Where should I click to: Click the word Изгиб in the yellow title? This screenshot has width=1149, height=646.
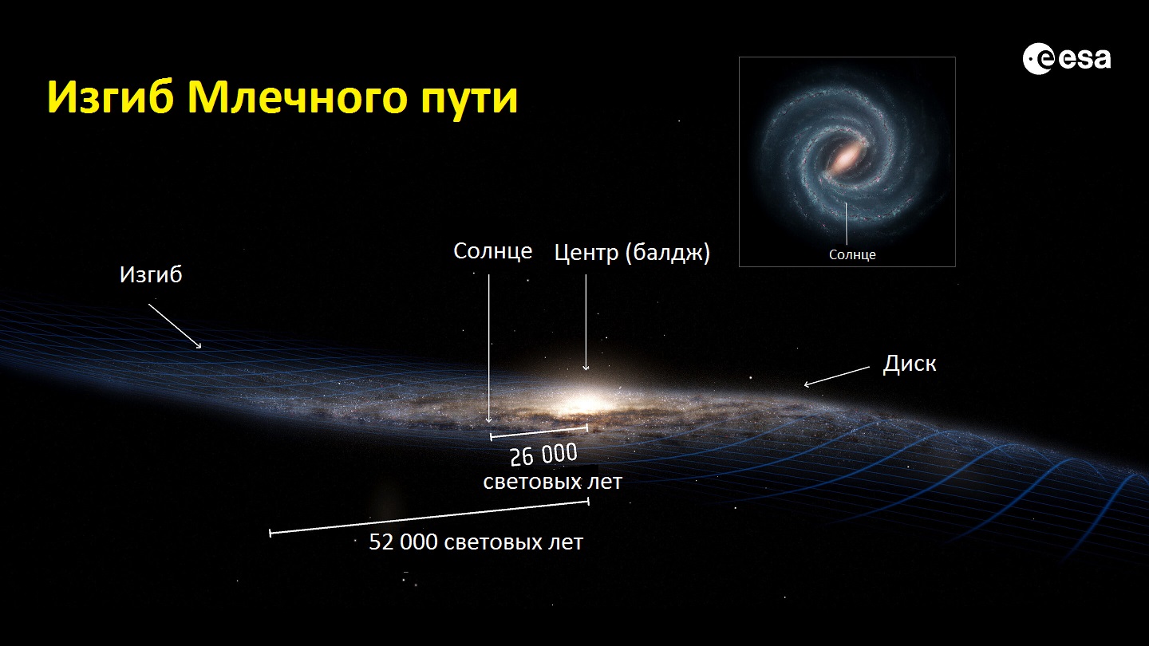pyautogui.click(x=110, y=98)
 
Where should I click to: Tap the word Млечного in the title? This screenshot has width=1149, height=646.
pyautogui.click(x=297, y=98)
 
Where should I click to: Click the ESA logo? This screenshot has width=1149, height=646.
pyautogui.click(x=1066, y=58)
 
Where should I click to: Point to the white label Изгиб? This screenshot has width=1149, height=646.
pyautogui.click(x=151, y=274)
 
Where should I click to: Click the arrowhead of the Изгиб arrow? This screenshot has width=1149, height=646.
pyautogui.click(x=199, y=346)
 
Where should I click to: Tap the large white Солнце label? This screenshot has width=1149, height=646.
pyautogui.click(x=492, y=251)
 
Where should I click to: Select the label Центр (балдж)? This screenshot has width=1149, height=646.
pyautogui.click(x=632, y=253)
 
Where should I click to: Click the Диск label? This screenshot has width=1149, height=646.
pyautogui.click(x=910, y=364)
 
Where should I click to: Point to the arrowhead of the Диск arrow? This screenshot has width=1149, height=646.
pyautogui.click(x=807, y=384)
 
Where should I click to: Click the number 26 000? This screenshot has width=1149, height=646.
pyautogui.click(x=543, y=455)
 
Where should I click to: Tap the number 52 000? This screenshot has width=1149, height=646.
pyautogui.click(x=403, y=542)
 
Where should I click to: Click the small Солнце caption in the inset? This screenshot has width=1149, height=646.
pyautogui.click(x=852, y=255)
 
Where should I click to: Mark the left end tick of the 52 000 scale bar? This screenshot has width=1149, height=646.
pyautogui.click(x=270, y=534)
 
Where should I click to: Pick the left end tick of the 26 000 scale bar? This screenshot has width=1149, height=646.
pyautogui.click(x=492, y=437)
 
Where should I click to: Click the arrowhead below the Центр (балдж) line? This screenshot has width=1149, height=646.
pyautogui.click(x=586, y=367)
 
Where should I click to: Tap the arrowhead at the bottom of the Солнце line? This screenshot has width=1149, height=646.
pyautogui.click(x=489, y=420)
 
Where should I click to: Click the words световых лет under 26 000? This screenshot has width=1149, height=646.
pyautogui.click(x=552, y=482)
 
